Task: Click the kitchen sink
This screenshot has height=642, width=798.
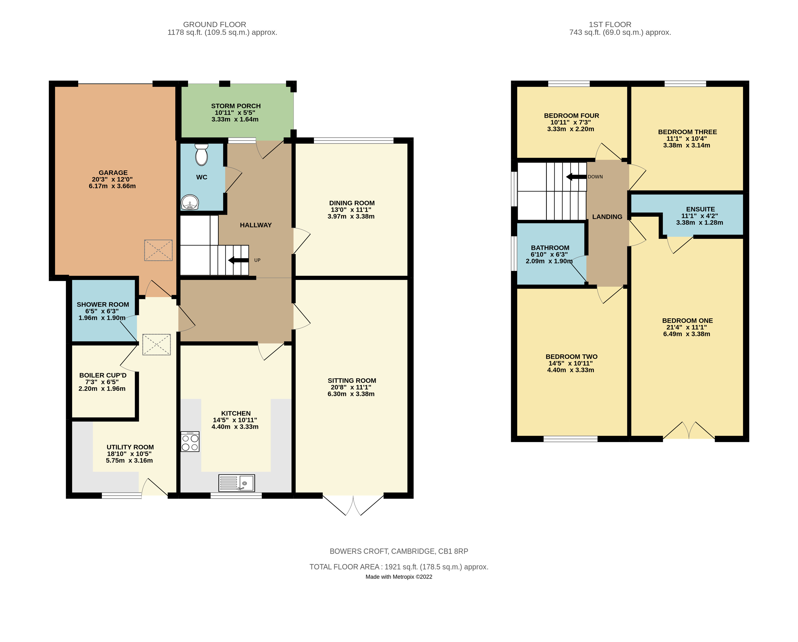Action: [x=236, y=483]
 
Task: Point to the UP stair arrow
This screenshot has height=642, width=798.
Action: [x=238, y=260]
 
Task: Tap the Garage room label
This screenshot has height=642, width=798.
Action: [x=113, y=173]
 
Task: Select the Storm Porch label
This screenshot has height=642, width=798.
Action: [x=236, y=106]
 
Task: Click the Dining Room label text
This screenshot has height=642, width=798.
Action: [x=352, y=203]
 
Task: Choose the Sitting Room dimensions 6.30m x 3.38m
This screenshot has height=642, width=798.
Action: [x=351, y=394]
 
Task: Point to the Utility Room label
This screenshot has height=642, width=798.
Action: [x=130, y=447]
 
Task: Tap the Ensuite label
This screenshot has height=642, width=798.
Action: [x=700, y=209]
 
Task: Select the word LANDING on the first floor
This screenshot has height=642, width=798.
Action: [x=607, y=217]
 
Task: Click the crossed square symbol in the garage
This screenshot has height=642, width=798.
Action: [x=158, y=250]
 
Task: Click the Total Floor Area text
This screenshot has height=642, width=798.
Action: [x=399, y=567]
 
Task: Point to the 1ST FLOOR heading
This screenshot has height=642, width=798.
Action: [x=610, y=24]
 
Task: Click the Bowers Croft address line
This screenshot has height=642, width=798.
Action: [x=399, y=551]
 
